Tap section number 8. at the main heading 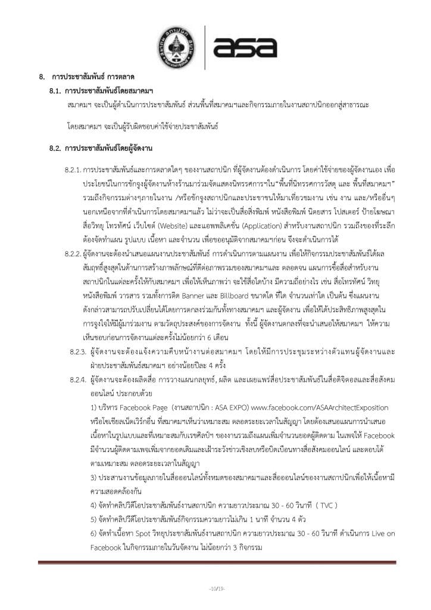pos(42,77)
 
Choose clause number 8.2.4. pos(79,362)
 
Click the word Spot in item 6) pos(138,534)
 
